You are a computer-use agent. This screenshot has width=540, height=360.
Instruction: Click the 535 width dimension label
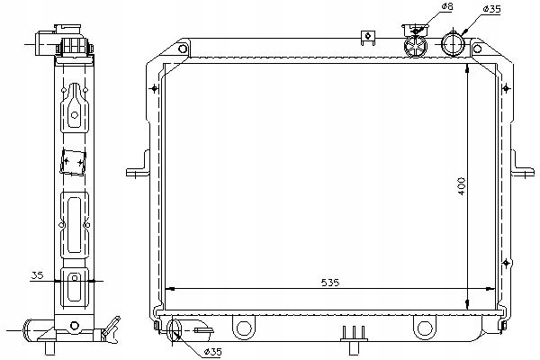[330, 283]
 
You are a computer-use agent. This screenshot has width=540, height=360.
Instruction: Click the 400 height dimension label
[462, 186]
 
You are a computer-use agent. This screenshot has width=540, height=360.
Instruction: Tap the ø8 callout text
[447, 6]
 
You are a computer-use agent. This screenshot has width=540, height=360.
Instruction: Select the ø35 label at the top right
[491, 9]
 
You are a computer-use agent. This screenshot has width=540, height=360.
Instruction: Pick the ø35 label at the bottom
[212, 351]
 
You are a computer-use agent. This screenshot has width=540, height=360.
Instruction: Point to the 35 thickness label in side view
[38, 275]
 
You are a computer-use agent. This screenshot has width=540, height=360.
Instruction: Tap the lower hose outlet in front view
[175, 330]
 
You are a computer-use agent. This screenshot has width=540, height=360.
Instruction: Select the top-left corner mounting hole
[183, 49]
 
